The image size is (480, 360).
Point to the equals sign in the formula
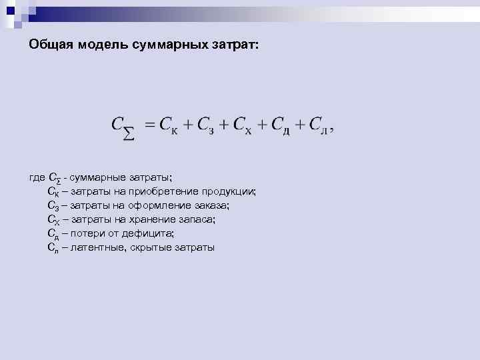coord(149,125)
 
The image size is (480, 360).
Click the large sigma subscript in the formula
coord(129,135)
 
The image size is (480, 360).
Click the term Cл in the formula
coord(321,125)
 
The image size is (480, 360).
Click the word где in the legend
coord(38,177)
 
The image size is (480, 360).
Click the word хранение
coord(143,219)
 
